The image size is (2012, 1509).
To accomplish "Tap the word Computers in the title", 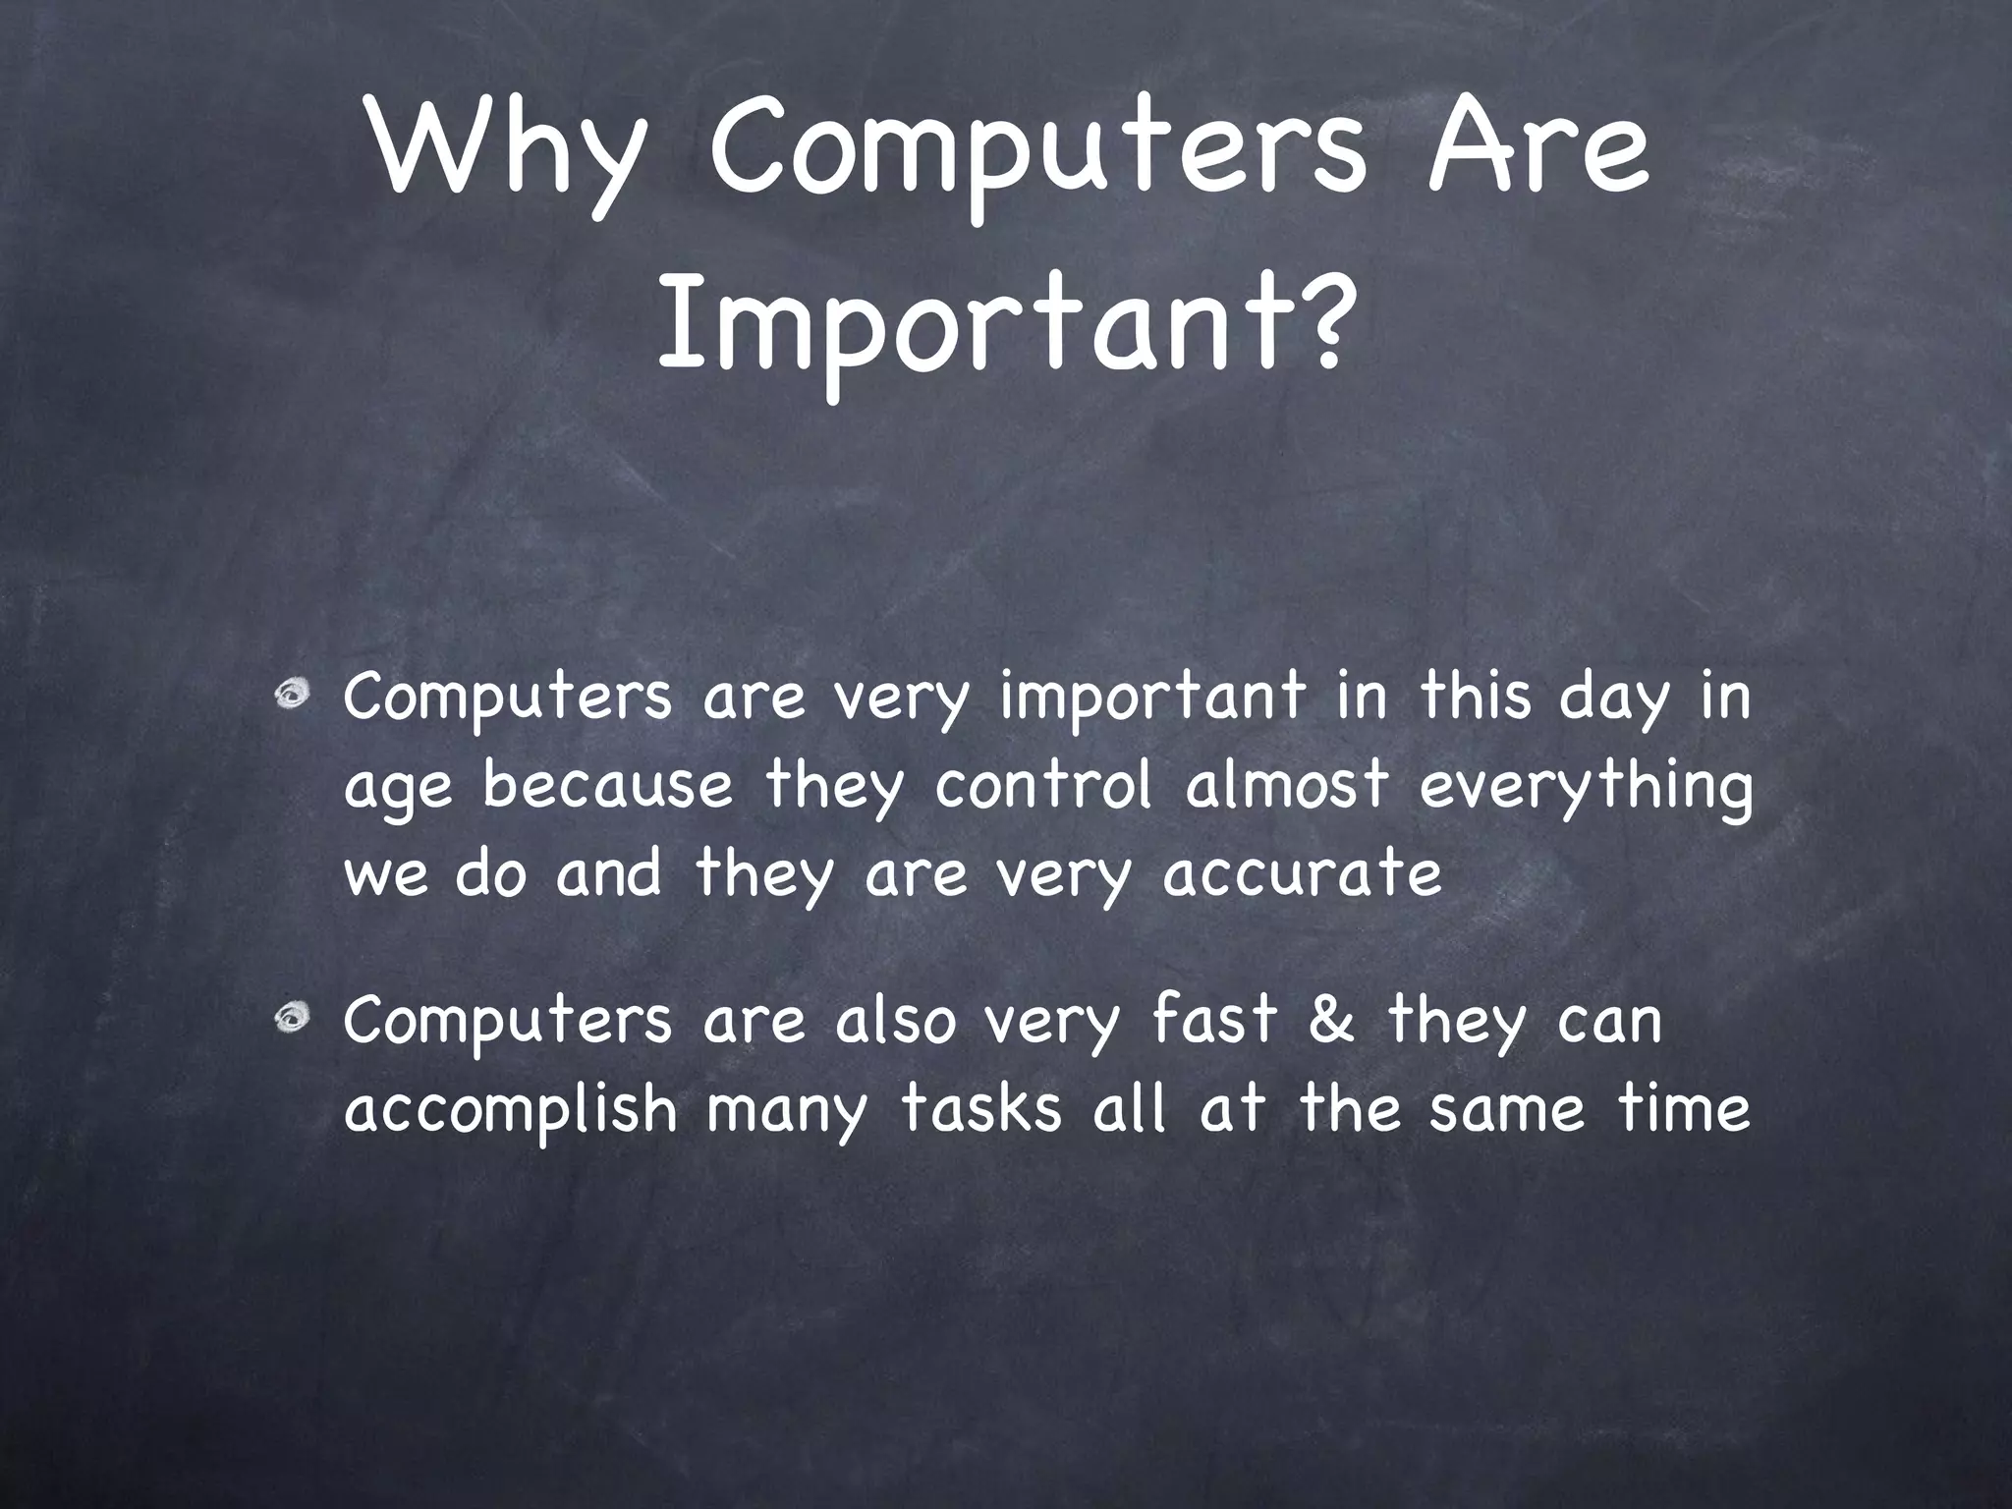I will (1037, 158).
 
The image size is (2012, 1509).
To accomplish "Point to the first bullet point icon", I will (292, 696).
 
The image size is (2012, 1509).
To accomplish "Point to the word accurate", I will (1302, 872).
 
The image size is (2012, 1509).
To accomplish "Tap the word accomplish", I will (511, 1110).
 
